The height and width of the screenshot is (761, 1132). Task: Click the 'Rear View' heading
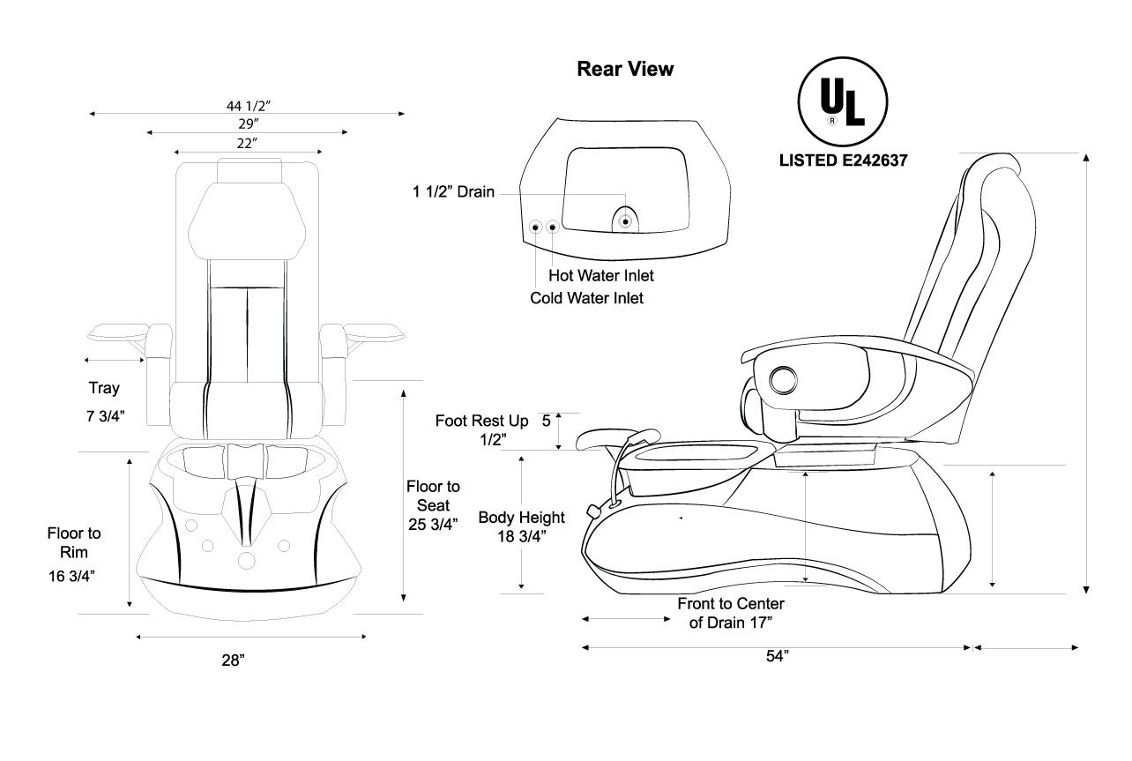pyautogui.click(x=625, y=69)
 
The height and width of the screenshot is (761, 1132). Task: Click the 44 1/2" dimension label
pyautogui.click(x=248, y=105)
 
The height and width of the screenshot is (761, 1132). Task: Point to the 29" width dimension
pyautogui.click(x=248, y=123)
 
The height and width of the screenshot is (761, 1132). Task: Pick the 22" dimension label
pyautogui.click(x=248, y=143)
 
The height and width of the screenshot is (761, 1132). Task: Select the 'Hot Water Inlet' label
pyautogui.click(x=601, y=276)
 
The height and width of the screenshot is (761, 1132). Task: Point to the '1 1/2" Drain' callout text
pyautogui.click(x=454, y=191)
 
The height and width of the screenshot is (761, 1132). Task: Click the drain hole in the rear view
pyautogui.click(x=626, y=220)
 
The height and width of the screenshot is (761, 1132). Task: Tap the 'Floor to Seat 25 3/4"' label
pyautogui.click(x=433, y=505)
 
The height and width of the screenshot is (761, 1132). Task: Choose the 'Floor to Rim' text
pyautogui.click(x=74, y=542)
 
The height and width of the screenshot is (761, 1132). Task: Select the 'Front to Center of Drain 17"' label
pyautogui.click(x=731, y=613)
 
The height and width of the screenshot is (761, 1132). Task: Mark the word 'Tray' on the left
pyautogui.click(x=104, y=388)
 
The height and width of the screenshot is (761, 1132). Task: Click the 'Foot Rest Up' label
pyautogui.click(x=482, y=422)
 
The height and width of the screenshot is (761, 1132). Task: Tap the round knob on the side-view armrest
pyautogui.click(x=782, y=380)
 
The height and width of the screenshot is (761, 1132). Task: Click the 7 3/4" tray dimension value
pyautogui.click(x=104, y=416)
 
